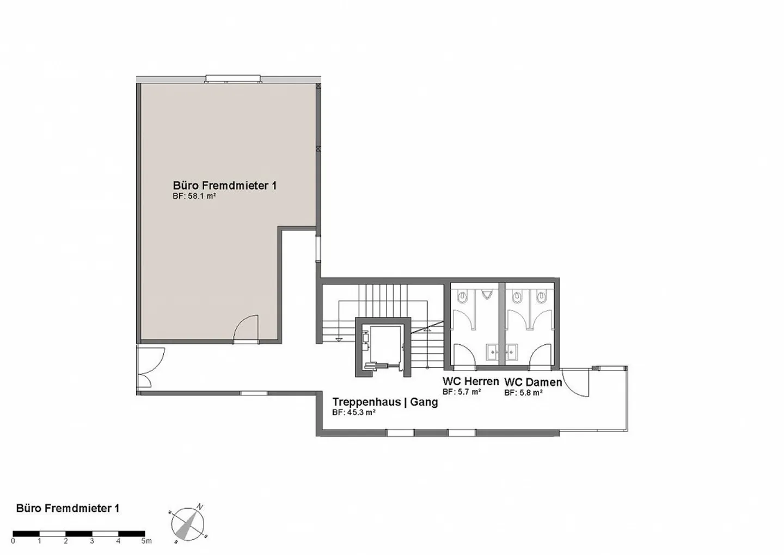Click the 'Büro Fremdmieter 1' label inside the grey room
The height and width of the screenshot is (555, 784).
[x=224, y=186]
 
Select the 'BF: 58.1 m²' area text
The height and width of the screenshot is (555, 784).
[x=194, y=196]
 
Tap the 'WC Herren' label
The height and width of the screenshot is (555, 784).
[x=470, y=381]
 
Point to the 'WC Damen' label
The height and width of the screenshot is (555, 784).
[x=532, y=382]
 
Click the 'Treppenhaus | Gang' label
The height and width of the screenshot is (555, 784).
[x=385, y=402]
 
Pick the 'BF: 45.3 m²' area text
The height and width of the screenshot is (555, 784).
[x=354, y=413]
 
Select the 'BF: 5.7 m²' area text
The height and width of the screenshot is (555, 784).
[x=462, y=392]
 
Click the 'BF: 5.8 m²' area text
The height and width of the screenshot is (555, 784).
[x=523, y=393]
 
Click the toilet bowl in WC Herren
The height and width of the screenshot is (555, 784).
[x=463, y=297]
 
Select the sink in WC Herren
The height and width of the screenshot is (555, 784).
[x=493, y=352]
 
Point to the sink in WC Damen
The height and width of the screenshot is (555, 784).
[x=511, y=352]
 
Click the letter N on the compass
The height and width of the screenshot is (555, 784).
[x=200, y=507]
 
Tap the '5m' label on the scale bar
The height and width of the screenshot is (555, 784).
[x=146, y=541]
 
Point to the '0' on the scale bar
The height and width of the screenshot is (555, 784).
[x=13, y=541]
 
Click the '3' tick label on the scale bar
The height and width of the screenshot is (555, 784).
[x=92, y=541]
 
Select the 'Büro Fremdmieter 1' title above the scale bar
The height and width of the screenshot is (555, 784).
[x=68, y=508]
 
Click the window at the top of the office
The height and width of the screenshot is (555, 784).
[x=233, y=80]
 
